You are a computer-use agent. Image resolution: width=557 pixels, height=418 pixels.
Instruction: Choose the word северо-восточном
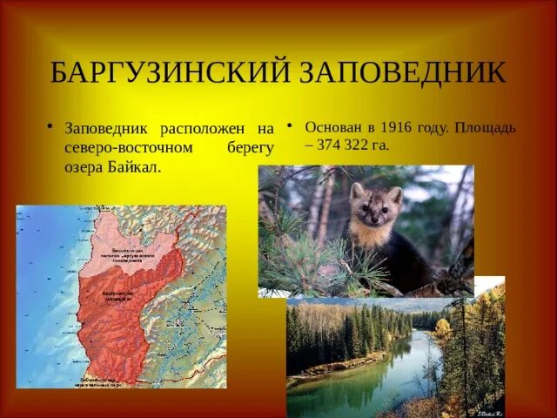pyautogui.click(x=128, y=147)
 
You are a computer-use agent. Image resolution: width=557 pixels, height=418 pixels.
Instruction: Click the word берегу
pyautogui.click(x=250, y=147)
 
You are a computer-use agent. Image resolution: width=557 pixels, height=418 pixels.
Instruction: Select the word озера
pyautogui.click(x=84, y=166)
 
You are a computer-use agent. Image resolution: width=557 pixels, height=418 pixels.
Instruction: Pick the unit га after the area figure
pyautogui.click(x=379, y=145)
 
